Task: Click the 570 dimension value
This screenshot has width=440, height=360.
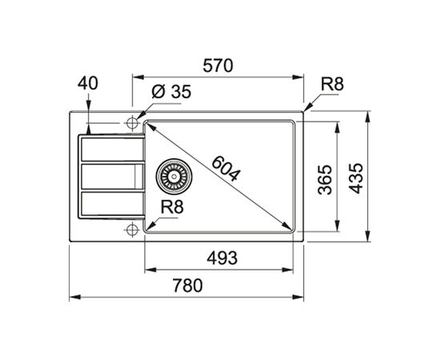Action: coord(218,66)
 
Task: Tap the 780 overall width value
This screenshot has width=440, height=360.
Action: coord(187,285)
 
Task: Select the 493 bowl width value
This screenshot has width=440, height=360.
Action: coord(222,258)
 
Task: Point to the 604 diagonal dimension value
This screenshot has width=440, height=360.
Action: coord(226,169)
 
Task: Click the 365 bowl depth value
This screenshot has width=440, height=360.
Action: coord(325,179)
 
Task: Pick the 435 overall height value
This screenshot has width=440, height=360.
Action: coord(356,178)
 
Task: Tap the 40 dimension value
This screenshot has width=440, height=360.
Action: coord(88,83)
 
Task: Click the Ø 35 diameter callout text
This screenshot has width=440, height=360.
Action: coord(171,91)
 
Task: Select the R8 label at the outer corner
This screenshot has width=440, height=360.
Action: coord(332,84)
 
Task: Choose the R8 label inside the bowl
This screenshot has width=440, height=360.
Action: coord(172,206)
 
